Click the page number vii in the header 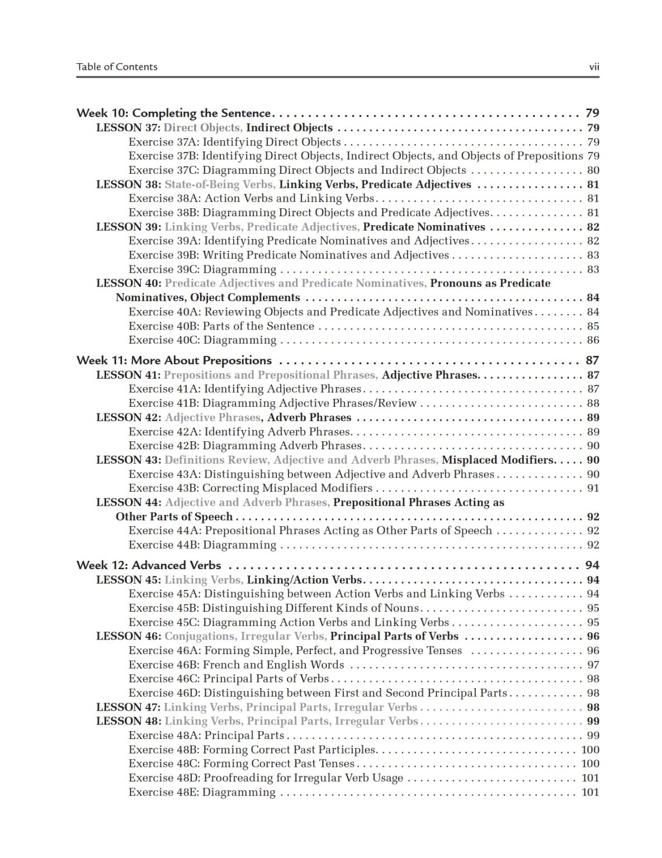point(594,67)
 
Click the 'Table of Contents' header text point(117,67)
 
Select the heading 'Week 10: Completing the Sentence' point(173,113)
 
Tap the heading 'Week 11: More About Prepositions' point(174,361)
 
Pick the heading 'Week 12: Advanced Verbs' point(149,565)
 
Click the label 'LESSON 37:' point(129,128)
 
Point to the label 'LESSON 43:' point(129,460)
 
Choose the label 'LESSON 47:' point(129,707)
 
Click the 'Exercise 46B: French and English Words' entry point(236,665)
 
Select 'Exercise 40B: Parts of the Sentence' point(221,326)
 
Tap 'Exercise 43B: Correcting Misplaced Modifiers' point(250,488)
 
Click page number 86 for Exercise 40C point(593,340)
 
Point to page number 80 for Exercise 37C point(593,170)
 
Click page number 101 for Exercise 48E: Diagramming point(590,792)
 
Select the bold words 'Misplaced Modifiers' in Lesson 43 point(497,460)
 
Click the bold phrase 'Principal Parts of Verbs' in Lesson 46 point(394,636)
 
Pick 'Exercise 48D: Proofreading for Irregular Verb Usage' point(266,778)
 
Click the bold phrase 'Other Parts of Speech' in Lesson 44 point(174,517)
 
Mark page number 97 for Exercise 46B point(593,665)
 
